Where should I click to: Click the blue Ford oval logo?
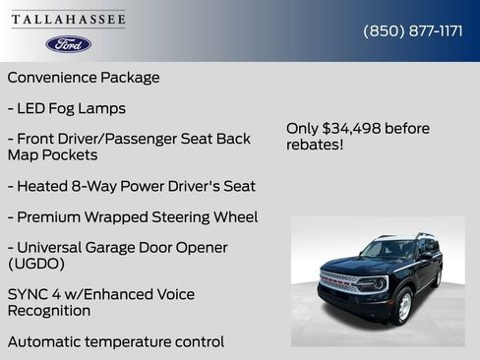(68, 44)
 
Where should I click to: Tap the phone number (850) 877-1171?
(413, 30)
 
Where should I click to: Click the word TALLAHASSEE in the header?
(68, 19)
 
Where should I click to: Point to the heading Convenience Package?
(84, 77)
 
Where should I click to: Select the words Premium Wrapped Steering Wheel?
(138, 216)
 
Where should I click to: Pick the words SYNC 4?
(34, 294)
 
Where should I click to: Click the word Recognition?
(49, 311)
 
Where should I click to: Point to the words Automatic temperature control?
(116, 341)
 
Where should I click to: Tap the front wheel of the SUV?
(402, 307)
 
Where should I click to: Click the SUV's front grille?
(339, 281)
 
